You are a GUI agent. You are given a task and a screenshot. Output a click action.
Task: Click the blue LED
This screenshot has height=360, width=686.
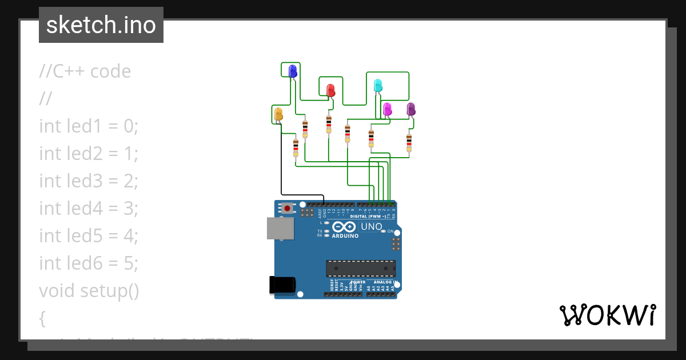point(293,71)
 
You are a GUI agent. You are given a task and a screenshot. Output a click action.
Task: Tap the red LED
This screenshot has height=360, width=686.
point(330,90)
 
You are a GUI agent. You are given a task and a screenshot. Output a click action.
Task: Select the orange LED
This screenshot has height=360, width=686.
point(278,114)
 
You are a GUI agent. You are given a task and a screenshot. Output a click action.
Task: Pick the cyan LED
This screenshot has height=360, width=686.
point(377,86)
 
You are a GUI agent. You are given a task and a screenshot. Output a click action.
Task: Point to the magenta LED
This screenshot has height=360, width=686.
point(387,109)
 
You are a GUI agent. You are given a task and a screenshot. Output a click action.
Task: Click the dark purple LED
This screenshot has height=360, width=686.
point(410,109)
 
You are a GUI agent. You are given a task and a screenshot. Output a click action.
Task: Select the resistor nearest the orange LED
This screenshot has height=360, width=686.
point(296,147)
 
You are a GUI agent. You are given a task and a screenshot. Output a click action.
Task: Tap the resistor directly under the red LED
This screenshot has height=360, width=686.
point(329,124)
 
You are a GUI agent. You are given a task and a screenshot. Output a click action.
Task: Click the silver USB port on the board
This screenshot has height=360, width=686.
point(281,229)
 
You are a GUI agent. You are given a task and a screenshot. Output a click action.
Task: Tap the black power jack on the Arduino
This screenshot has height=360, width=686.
point(282,285)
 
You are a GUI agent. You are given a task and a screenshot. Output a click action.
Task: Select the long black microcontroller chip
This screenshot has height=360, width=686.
point(361,269)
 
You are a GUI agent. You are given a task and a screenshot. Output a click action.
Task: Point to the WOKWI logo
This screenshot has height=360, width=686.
point(607,315)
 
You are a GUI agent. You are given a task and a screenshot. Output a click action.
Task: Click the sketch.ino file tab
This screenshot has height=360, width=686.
point(101,25)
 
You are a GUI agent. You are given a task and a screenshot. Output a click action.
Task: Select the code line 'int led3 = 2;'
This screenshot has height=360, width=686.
point(89,181)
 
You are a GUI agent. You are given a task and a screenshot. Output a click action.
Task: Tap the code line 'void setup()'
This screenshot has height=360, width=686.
point(89,290)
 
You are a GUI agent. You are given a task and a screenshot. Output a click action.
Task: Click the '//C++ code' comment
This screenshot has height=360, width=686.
point(85,71)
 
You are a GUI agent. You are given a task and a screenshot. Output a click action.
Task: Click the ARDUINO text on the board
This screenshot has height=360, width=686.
point(345,235)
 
